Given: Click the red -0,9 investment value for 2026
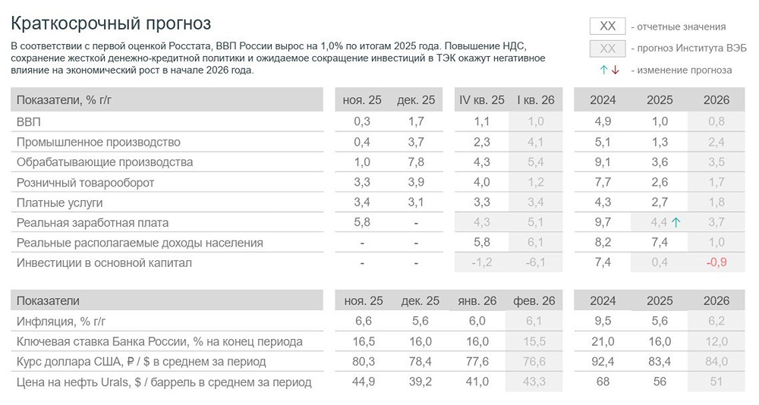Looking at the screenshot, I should (716, 262).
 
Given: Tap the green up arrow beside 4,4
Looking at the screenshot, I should (676, 222).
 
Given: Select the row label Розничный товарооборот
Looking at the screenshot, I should (85, 182).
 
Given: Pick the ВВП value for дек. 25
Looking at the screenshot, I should (415, 121).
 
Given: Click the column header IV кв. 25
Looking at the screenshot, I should (481, 100).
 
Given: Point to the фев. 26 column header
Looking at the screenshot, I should (534, 300).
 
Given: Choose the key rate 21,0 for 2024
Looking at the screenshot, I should (603, 341).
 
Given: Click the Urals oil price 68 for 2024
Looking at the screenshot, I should (603, 381).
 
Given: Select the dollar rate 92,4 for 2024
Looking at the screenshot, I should (603, 362).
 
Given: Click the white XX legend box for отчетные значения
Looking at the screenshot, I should (607, 26).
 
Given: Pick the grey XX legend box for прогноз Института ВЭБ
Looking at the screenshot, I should (607, 49).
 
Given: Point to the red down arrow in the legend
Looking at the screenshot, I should (615, 70).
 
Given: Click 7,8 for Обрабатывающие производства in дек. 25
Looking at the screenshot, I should (415, 162).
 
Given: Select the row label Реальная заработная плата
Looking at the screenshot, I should (93, 222).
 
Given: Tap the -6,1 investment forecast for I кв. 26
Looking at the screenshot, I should (535, 262).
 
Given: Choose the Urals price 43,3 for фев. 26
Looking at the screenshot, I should (534, 381).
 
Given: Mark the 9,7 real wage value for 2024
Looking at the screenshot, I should (603, 222).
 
